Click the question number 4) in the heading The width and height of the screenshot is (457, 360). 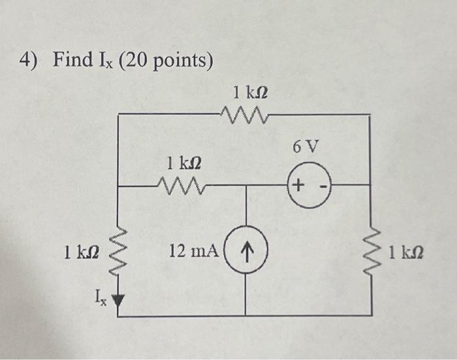coord(29,61)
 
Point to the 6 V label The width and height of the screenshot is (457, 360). coord(306,147)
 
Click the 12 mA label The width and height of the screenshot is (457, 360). coord(194,250)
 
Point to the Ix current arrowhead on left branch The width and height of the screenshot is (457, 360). coord(118,301)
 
